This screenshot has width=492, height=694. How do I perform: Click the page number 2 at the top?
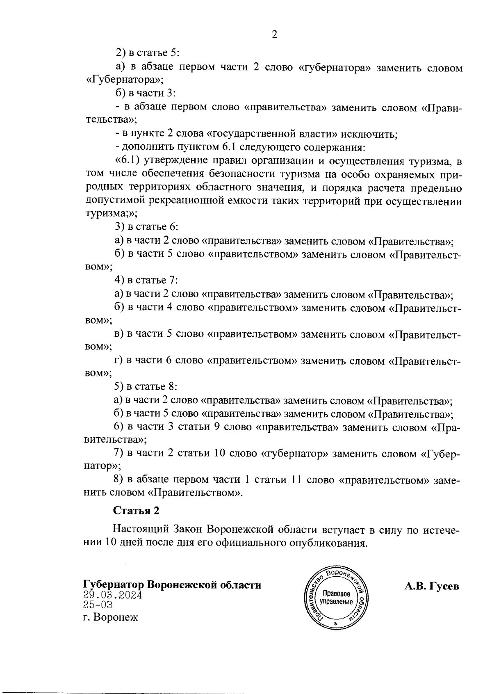[x=274, y=34]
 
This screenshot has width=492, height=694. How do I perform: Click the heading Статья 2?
[x=136, y=511]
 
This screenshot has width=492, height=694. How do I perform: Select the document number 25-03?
[x=98, y=605]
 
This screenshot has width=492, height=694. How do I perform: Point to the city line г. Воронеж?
[x=110, y=617]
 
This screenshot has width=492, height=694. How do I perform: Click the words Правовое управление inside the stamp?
[x=337, y=598]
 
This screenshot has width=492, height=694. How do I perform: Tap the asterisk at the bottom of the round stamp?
[x=336, y=623]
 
